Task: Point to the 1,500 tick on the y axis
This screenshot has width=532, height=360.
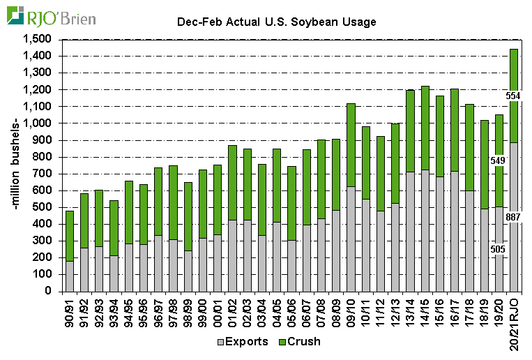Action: pyautogui.click(x=38, y=39)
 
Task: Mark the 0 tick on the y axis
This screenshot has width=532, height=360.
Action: pyautogui.click(x=49, y=291)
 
